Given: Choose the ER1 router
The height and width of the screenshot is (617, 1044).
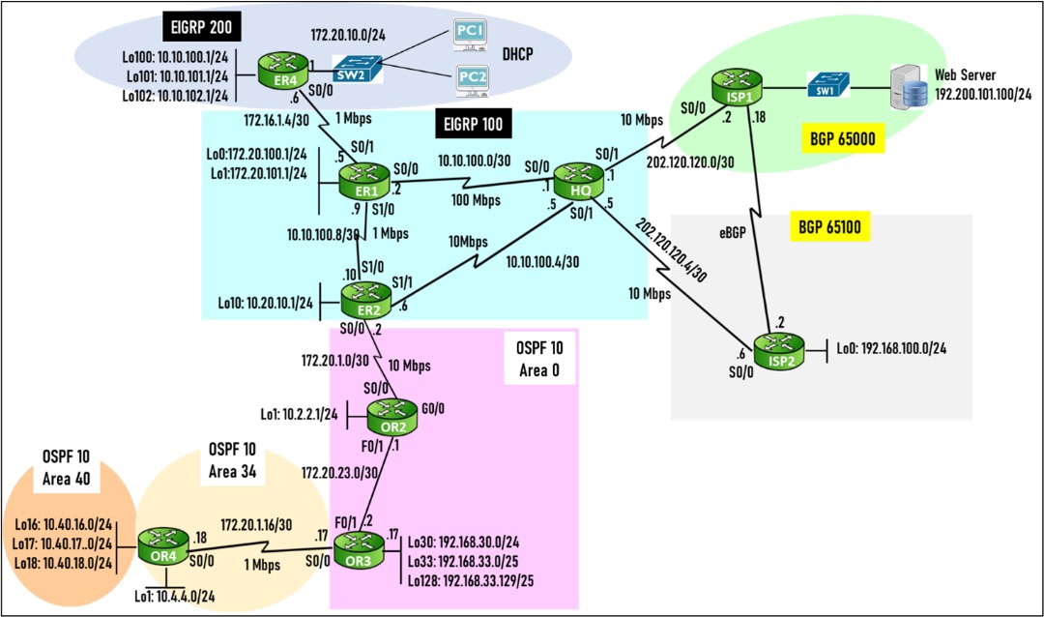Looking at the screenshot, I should (x=362, y=179).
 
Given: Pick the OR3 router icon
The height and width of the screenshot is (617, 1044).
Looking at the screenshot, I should (x=359, y=549).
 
